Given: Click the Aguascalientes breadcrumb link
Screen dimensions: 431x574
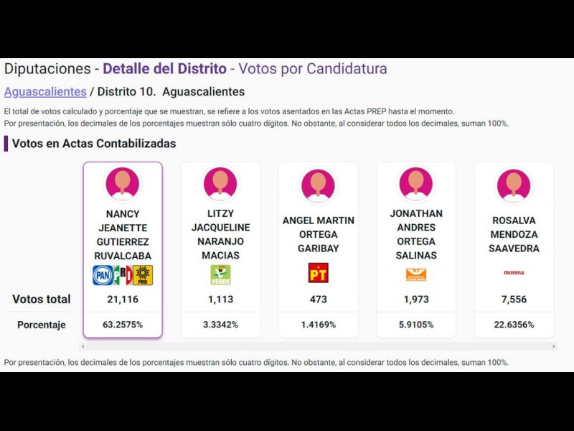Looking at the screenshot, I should point(45,92).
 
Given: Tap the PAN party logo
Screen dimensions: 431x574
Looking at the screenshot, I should point(103,275).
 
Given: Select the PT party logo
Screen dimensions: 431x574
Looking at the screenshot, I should point(318,273).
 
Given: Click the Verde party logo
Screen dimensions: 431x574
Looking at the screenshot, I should point(220,275).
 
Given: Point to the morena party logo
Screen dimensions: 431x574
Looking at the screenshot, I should point(514,273).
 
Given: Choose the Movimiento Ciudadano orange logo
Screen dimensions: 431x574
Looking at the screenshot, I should point(415,274).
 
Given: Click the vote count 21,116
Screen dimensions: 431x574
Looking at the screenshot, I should point(123,300).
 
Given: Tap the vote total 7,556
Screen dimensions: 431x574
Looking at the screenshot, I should point(514,300).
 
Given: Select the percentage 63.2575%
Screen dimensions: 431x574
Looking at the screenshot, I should point(123,325).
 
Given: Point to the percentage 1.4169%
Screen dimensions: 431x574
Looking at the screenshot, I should point(318,325).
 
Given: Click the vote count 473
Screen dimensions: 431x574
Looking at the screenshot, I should point(318,300).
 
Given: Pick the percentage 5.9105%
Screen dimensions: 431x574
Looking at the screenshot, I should point(416,325).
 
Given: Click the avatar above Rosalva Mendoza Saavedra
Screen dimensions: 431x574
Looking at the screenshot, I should point(514,184).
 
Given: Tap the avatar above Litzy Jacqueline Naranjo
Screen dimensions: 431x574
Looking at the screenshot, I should point(220,183).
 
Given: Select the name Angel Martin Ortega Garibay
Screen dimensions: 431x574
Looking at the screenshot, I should point(318,234).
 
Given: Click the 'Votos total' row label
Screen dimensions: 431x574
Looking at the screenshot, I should point(42,300).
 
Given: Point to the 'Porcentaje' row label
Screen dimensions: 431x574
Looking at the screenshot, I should point(42,325).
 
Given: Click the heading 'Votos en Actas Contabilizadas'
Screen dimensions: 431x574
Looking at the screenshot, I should point(94,144).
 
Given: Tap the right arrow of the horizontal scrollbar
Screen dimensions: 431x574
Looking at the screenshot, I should point(553,346).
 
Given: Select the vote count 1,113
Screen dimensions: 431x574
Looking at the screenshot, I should point(220,300).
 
